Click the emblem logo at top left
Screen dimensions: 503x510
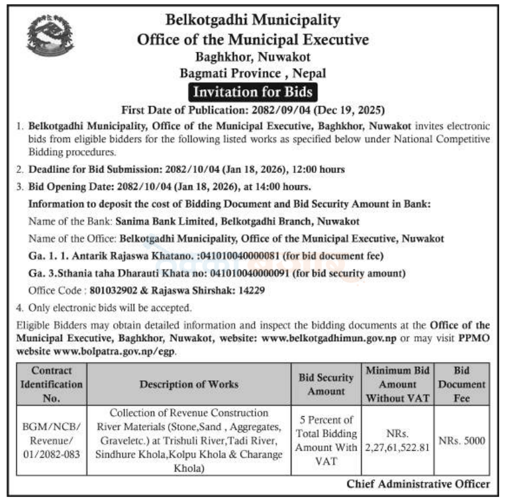[x=50, y=37]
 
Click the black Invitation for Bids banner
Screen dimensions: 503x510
[x=252, y=92]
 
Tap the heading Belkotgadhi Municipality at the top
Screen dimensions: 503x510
[x=253, y=20]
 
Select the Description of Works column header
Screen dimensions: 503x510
[x=190, y=384]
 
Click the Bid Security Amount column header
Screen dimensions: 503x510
[x=326, y=384]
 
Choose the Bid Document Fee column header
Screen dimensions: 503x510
[x=469, y=384]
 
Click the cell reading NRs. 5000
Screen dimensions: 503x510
[x=469, y=441]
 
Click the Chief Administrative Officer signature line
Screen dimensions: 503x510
[x=418, y=484]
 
